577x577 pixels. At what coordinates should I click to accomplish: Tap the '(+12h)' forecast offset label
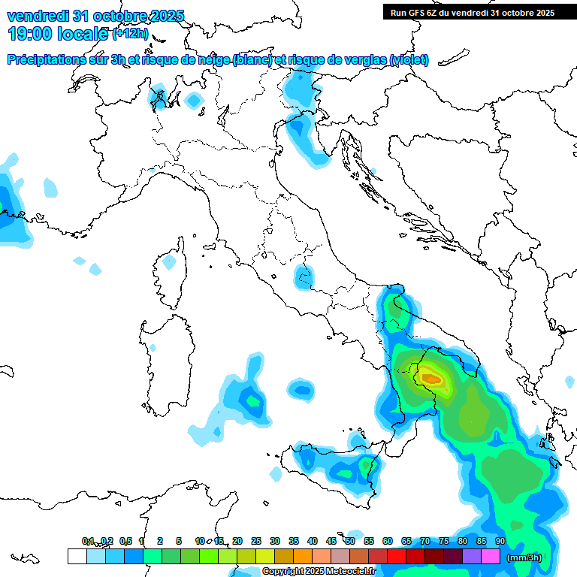[131, 34]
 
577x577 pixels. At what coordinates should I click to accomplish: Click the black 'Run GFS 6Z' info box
[473, 12]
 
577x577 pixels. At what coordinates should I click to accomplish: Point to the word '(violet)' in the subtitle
[409, 59]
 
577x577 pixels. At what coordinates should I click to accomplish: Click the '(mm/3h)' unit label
[524, 557]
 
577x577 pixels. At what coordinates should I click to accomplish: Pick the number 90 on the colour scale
[500, 541]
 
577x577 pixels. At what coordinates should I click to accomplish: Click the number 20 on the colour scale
[237, 541]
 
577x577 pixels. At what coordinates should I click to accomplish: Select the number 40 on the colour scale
[313, 541]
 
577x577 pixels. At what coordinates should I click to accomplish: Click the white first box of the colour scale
[77, 557]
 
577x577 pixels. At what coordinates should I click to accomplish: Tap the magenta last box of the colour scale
[491, 557]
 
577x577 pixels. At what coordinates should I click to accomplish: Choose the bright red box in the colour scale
[397, 557]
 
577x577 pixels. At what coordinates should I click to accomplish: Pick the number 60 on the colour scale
[388, 541]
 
